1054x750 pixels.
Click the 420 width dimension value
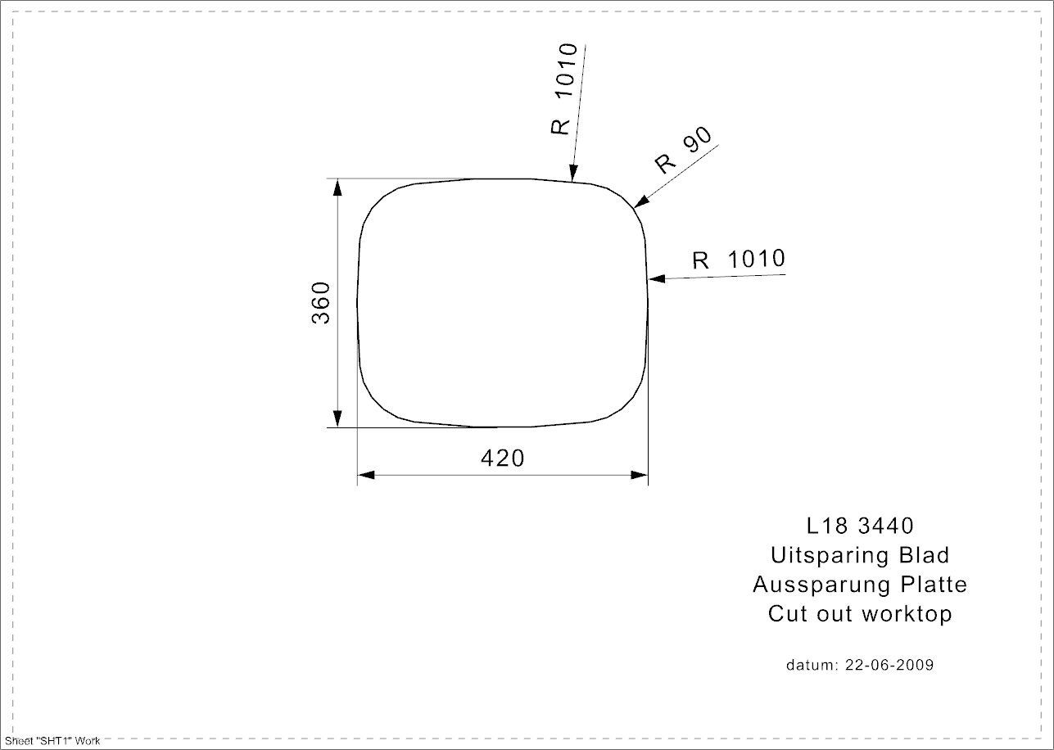(502, 459)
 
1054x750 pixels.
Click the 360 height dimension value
(320, 302)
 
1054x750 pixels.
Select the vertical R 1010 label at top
(564, 89)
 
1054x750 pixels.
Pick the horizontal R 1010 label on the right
(738, 260)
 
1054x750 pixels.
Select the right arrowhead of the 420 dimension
(639, 475)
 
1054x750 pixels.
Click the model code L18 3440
(860, 525)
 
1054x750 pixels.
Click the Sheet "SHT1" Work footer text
(52, 741)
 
